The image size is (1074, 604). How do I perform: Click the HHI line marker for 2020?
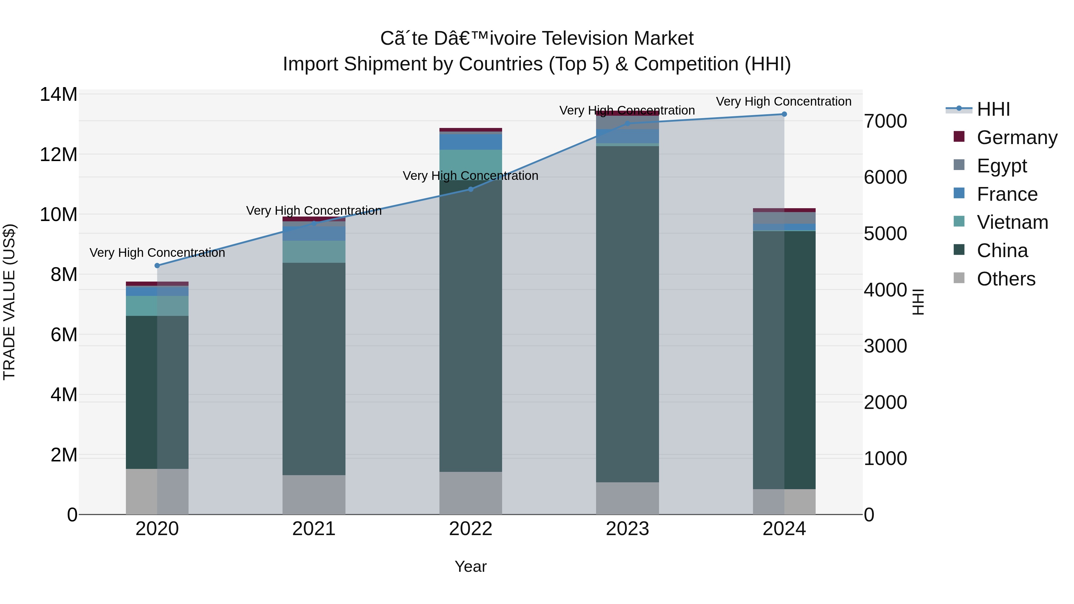coord(157,265)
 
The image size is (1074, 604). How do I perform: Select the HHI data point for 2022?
coord(471,189)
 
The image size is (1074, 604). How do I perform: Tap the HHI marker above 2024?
coord(784,114)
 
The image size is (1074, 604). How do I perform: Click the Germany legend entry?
coord(1016,138)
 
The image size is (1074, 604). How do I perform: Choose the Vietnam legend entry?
coord(1012,222)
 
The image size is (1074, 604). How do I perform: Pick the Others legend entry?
coord(1006,279)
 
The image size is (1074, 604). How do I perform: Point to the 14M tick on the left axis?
coord(58,95)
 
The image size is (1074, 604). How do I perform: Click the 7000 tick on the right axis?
coord(885,121)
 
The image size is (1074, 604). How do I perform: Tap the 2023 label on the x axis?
coord(627,529)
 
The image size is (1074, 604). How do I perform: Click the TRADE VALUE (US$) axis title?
coord(10,302)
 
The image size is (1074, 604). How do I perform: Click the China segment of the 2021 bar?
coord(314,369)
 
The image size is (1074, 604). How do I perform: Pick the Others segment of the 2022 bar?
coord(471,493)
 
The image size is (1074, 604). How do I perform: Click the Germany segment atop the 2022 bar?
coord(471,130)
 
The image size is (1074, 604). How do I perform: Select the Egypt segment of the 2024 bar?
coord(784,218)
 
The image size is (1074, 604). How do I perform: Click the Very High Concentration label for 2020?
coord(157,253)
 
